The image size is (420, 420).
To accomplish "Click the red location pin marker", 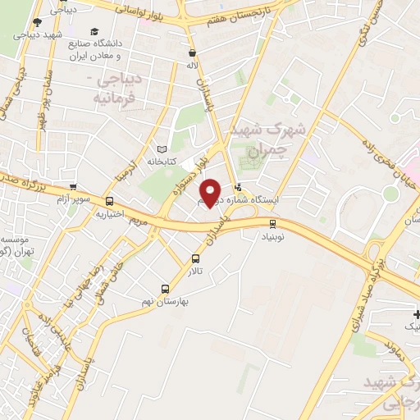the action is click(211, 193).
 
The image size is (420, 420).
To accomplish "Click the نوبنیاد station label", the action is click(273, 235).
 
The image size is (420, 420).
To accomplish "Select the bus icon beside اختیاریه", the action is click(110, 202).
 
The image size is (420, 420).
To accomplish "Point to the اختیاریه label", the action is click(110, 214).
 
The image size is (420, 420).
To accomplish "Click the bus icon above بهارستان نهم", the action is click(166, 289).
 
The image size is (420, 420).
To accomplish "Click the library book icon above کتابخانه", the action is click(162, 150).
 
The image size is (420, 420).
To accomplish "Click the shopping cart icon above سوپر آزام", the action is click(73, 187).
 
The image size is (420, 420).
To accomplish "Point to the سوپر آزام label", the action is click(73, 199).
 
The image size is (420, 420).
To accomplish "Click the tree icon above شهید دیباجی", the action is click(37, 22).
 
